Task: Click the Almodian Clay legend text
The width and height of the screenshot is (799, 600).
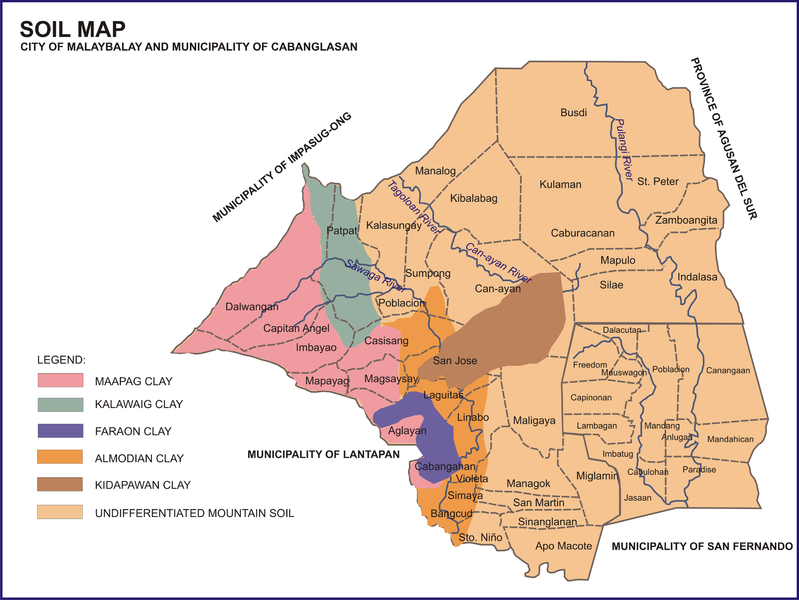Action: pos(141,459)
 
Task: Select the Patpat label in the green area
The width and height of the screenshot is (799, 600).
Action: pos(342,231)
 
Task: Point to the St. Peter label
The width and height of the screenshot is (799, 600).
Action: pos(657,181)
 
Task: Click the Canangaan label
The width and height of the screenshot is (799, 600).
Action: pos(728,371)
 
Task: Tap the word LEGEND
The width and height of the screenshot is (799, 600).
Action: pos(61,358)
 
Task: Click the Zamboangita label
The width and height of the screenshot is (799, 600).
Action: pos(686,219)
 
